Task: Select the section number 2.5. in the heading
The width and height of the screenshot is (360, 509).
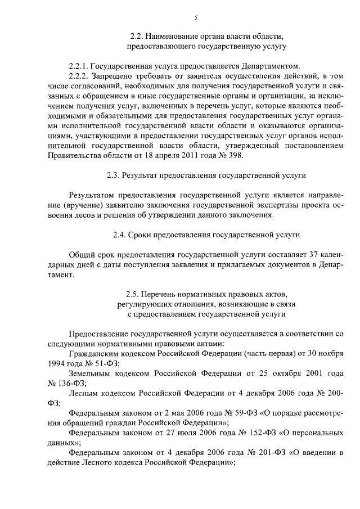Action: coord(134,293)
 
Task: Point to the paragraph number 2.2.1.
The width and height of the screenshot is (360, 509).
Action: coord(78,64)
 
